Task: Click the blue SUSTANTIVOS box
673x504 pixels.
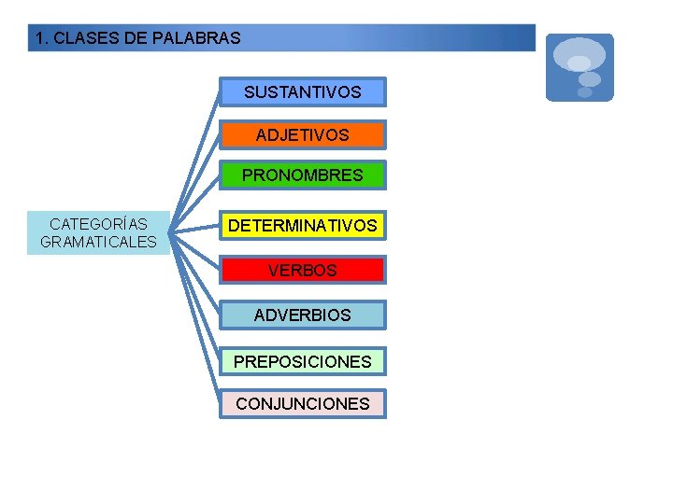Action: click(x=302, y=92)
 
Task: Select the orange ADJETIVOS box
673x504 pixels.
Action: click(x=302, y=135)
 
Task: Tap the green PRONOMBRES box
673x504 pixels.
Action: click(x=302, y=175)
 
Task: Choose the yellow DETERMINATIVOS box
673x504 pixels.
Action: click(x=302, y=226)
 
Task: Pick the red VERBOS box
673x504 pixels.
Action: click(x=302, y=271)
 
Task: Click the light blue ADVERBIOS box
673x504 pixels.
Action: click(x=302, y=315)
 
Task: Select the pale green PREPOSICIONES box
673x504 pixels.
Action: click(x=302, y=361)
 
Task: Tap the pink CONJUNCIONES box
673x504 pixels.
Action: click(x=302, y=404)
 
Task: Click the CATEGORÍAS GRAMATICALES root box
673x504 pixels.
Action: click(x=98, y=233)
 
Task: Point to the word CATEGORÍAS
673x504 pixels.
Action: click(x=98, y=224)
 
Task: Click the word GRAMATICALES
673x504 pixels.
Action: click(x=98, y=243)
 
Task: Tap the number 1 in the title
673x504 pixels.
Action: click(x=39, y=39)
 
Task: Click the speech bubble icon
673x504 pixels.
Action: click(x=580, y=67)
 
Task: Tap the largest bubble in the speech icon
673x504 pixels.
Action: click(x=580, y=52)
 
